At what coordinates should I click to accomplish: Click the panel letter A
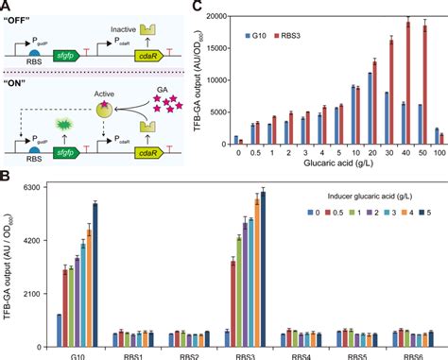[7, 7]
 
